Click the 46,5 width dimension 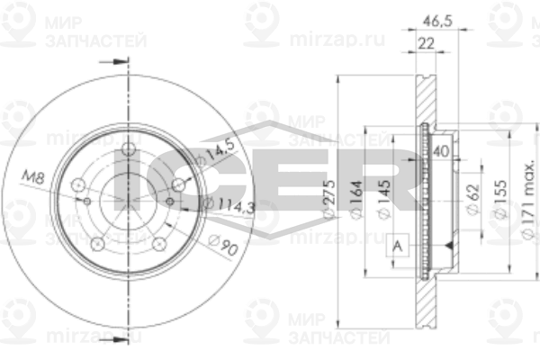[438, 17]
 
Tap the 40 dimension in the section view [441, 150]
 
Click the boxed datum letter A [398, 245]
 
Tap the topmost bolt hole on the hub [128, 148]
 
